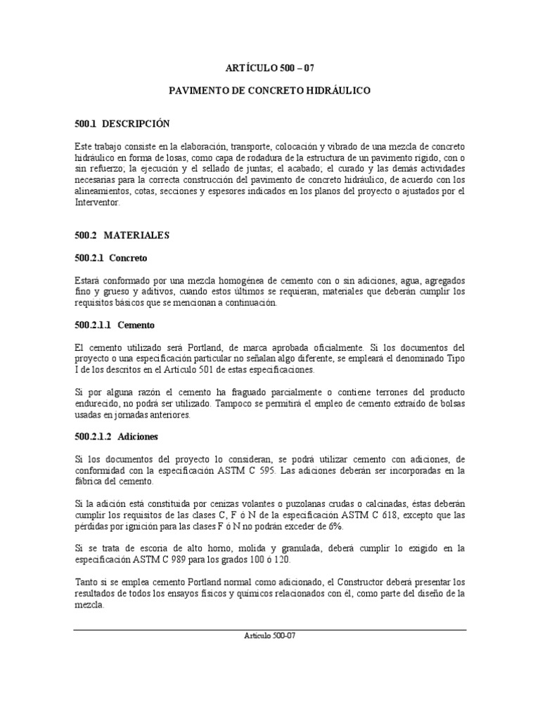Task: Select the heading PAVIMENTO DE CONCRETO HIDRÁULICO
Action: (270, 91)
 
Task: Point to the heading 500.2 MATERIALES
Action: (122, 235)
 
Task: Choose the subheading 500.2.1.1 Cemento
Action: (114, 326)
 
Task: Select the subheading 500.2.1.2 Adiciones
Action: (116, 436)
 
